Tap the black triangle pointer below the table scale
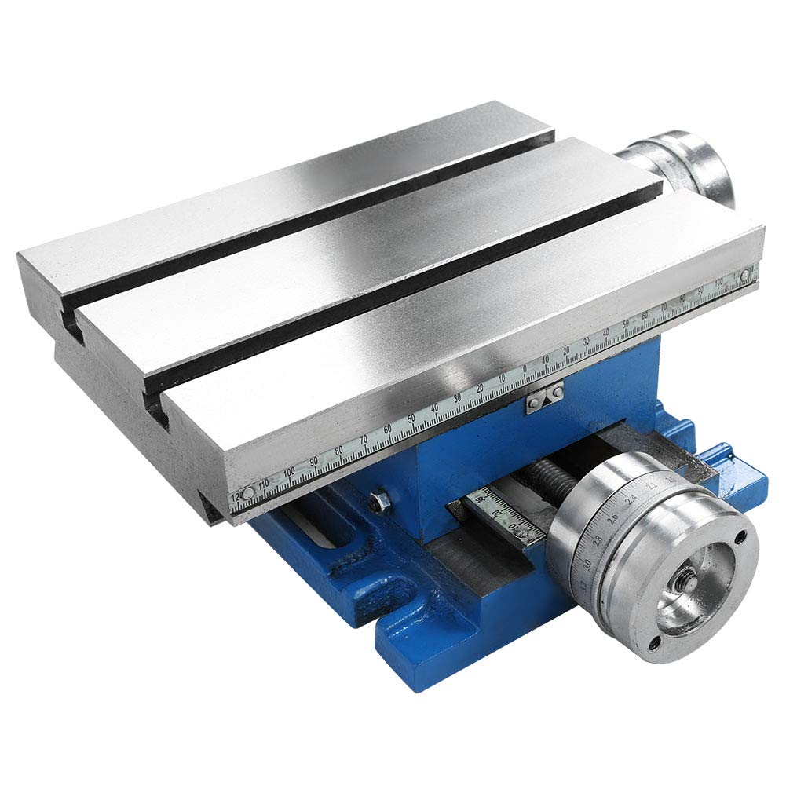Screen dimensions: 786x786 (x=542, y=393)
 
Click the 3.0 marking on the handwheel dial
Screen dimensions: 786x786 (x=586, y=564)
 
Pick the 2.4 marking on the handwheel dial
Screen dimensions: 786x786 (x=630, y=499)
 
